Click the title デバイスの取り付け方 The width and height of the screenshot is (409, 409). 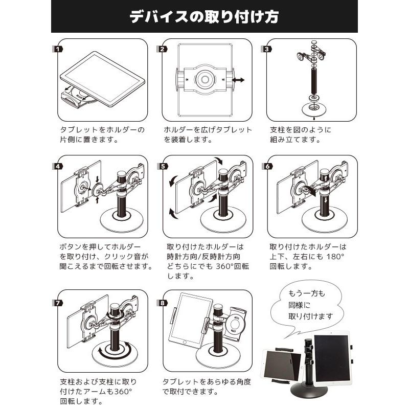(x=204, y=17)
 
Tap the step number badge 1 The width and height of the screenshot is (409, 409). (x=58, y=49)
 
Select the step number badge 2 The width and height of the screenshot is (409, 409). (x=162, y=49)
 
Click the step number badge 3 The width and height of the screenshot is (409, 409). (x=266, y=49)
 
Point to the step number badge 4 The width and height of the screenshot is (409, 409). (x=58, y=167)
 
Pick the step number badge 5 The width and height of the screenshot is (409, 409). (x=163, y=167)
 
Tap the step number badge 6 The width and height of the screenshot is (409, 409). (x=267, y=167)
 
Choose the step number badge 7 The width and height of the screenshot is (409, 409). (x=58, y=303)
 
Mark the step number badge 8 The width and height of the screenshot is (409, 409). (x=162, y=303)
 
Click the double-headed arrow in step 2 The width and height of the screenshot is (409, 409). (x=238, y=80)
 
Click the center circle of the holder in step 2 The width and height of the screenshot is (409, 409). (x=205, y=79)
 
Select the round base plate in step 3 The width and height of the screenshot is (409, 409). (x=314, y=108)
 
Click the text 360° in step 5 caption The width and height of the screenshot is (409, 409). (x=225, y=266)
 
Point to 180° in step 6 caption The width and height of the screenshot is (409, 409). (x=335, y=257)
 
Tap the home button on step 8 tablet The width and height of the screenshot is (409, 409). (x=185, y=342)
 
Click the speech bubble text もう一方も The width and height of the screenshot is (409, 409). (x=306, y=293)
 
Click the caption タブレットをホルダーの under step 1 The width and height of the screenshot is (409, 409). (x=102, y=130)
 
